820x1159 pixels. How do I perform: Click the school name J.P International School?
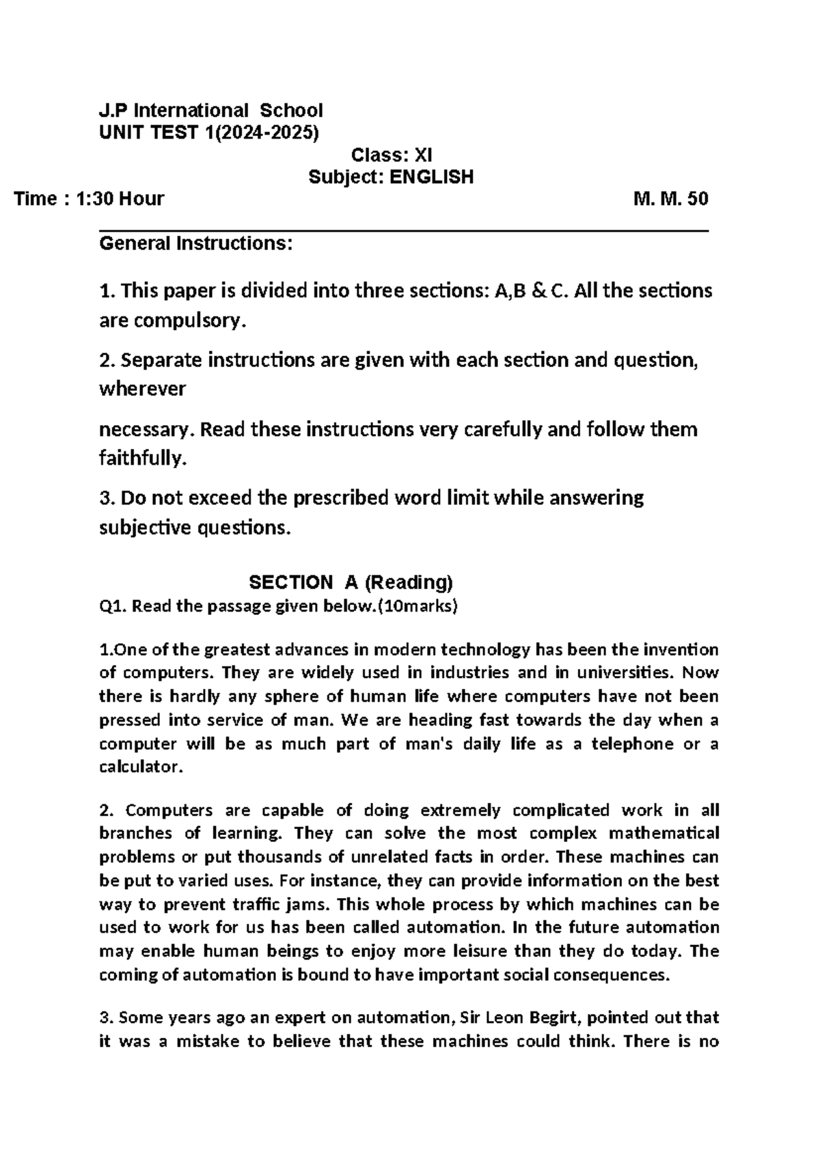210,110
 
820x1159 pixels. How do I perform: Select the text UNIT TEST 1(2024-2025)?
209,132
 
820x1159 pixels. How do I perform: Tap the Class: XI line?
391,155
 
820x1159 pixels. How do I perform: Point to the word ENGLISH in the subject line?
431,178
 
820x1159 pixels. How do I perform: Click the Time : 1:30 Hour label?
90,199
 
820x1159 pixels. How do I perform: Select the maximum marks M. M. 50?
670,199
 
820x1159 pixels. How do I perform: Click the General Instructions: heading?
196,243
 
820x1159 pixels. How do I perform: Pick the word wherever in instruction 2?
142,389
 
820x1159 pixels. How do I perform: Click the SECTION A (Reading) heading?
351,582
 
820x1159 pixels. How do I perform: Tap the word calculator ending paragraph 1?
141,767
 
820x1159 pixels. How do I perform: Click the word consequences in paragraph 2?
620,974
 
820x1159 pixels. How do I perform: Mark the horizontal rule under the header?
403,232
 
